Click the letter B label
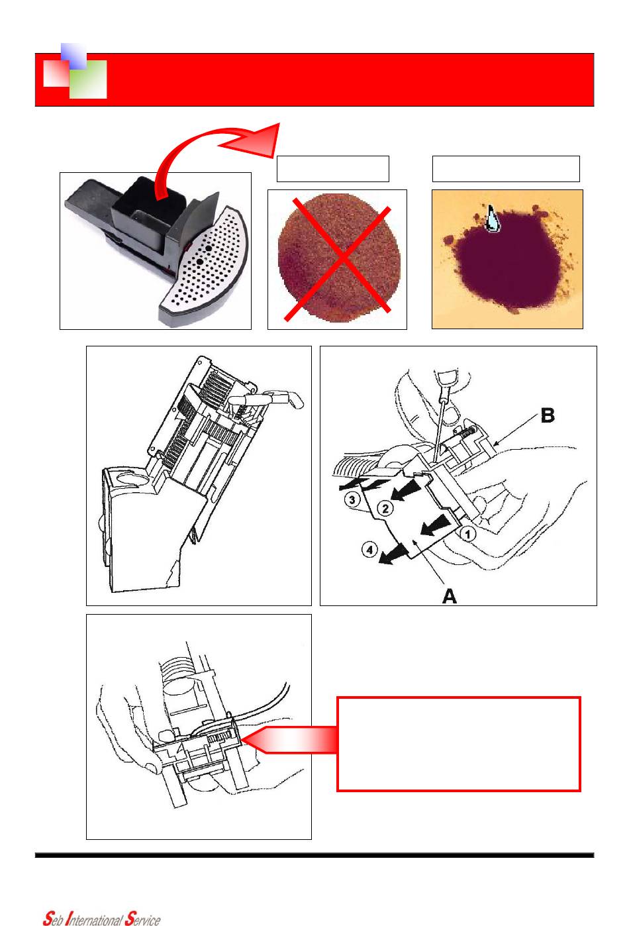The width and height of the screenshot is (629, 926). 548,415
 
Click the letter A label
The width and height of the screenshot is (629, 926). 450,596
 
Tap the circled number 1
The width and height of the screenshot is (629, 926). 468,535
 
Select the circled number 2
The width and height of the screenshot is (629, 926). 385,508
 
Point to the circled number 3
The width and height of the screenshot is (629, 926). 352,500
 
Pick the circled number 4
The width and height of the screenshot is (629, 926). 369,550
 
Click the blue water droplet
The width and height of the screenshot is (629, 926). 492,219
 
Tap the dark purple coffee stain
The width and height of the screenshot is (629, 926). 507,260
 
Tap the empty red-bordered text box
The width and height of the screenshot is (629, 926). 459,744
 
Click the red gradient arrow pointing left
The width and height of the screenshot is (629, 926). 289,740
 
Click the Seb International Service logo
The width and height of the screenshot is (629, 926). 102,918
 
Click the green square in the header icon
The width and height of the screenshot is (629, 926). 89,79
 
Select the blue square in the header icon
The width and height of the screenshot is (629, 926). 73,56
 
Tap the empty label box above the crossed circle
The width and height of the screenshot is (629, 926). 332,169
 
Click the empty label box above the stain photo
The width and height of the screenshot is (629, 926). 506,169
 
